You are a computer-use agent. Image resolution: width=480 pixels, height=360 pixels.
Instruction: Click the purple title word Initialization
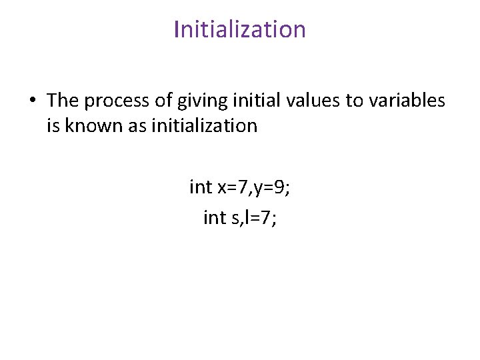(239, 29)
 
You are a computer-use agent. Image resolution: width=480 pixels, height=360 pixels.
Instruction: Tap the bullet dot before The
(31, 101)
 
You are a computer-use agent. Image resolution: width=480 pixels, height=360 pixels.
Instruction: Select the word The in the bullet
(63, 100)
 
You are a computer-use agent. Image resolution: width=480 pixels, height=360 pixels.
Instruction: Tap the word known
(93, 125)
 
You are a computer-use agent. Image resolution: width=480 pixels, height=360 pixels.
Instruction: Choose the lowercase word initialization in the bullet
(204, 125)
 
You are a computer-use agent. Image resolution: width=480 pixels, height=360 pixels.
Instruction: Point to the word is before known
(53, 125)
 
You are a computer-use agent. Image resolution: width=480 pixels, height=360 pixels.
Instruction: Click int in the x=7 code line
(200, 187)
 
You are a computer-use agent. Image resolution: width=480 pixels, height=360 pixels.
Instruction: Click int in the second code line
(214, 217)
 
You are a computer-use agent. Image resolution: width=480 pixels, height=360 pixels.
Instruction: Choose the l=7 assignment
(260, 217)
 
